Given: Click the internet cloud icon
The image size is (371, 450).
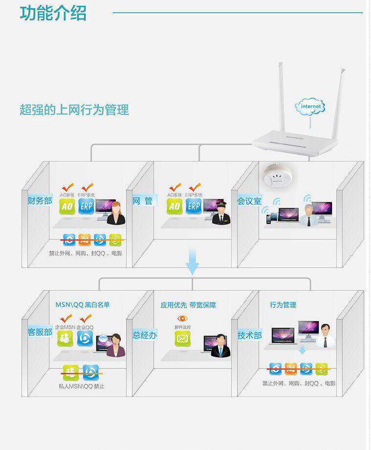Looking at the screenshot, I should coord(311,107).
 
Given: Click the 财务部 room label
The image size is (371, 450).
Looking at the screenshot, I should coord(40,200).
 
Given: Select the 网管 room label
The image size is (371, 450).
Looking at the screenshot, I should coord(143,200).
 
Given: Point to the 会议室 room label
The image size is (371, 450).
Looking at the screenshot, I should coord(249,200).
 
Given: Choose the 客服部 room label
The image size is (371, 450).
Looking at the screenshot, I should coord(40,332).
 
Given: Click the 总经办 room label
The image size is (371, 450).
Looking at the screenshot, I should coord(145,335).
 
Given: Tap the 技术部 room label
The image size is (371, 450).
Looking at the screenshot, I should coord(249,335).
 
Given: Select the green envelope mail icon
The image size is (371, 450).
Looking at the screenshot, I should coord(182,338).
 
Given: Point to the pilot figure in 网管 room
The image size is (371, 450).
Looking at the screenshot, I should coord(221,213).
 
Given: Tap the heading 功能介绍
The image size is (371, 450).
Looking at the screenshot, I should coord(53,13).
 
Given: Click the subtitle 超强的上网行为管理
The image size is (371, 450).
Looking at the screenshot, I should coord(74,110).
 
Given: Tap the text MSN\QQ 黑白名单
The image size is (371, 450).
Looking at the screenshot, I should coord(83,305).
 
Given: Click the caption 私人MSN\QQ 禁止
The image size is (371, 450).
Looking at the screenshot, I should coord(81,386).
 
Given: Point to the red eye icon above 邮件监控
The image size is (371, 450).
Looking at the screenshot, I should coord(182,319).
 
